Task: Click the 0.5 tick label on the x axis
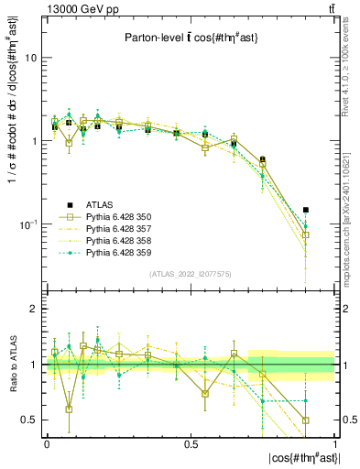point(191,443)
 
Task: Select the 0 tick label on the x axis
point(47,443)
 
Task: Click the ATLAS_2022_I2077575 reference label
point(191,274)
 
